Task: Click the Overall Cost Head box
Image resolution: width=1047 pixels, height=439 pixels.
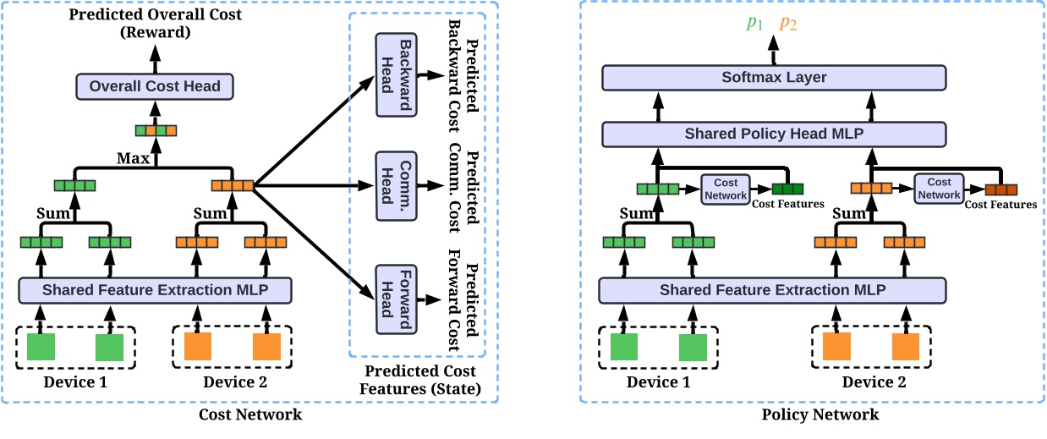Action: (x=155, y=85)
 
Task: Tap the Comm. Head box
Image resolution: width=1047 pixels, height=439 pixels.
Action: (x=392, y=184)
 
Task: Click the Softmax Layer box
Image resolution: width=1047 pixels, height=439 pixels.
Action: (x=774, y=78)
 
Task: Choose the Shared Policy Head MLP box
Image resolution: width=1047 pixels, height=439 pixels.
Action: (x=774, y=134)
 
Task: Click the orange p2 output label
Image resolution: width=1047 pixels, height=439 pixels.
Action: (x=788, y=23)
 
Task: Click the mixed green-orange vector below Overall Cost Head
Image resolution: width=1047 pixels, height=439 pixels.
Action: (x=156, y=130)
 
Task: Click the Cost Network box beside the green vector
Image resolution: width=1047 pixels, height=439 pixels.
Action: (x=725, y=189)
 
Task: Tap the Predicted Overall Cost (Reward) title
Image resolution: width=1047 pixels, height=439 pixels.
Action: (x=155, y=24)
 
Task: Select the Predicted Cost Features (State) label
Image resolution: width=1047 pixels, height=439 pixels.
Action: (x=419, y=380)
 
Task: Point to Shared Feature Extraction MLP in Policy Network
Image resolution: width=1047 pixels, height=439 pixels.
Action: (x=773, y=290)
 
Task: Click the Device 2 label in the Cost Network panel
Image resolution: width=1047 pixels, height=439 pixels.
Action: (x=233, y=381)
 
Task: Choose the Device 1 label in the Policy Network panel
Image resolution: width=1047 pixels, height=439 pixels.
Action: (x=658, y=381)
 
